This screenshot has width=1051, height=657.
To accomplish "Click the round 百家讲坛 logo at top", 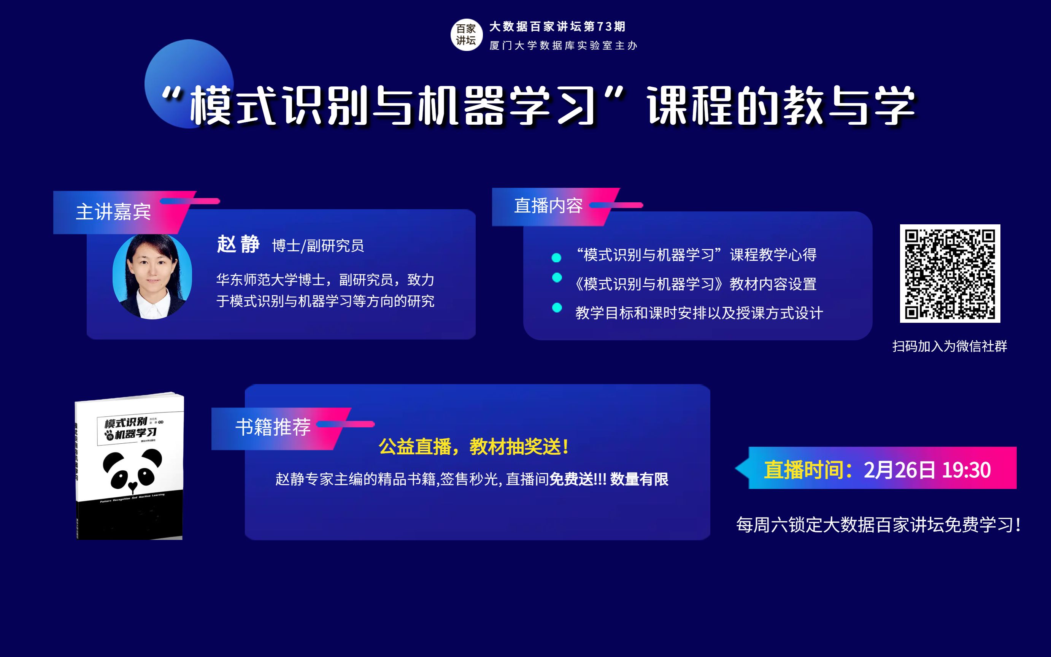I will [466, 35].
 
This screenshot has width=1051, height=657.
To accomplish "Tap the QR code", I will [950, 273].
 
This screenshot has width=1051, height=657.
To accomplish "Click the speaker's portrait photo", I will [152, 276].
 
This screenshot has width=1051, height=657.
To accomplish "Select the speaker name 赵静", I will [238, 244].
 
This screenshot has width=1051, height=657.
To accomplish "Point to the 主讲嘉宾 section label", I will [113, 212].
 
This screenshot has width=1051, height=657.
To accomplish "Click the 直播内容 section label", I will [548, 206].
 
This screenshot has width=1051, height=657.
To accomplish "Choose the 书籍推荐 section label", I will [273, 427].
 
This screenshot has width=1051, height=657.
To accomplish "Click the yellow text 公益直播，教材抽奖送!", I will [473, 447].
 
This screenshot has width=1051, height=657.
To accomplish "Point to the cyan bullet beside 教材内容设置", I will [557, 278].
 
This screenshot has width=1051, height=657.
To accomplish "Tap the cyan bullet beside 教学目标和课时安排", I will [557, 308].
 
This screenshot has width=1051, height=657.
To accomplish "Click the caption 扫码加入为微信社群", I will [949, 346].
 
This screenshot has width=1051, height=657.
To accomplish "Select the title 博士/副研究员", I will [318, 246].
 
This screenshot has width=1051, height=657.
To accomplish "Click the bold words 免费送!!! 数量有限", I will [608, 479].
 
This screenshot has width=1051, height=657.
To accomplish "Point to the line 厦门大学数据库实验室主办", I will [563, 46].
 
